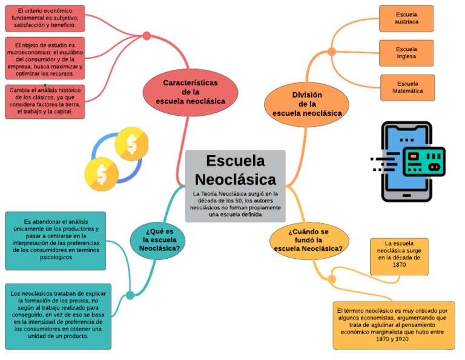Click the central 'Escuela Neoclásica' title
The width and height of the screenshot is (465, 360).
(236, 170)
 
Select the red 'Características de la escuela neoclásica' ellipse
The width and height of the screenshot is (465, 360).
(190, 92)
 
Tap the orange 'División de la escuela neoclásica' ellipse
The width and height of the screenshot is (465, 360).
(306, 104)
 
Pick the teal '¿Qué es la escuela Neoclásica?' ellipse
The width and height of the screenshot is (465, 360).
(157, 240)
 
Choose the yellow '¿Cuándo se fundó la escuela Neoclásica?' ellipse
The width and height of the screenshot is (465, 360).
(309, 240)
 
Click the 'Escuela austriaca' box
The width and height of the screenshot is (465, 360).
(406, 18)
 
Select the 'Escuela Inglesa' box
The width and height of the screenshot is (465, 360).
(406, 53)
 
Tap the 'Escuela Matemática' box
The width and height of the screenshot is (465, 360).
(407, 87)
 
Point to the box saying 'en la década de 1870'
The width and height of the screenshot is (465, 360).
(399, 256)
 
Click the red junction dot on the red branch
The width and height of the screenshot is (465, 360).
(147, 36)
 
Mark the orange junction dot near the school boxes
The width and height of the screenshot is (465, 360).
(332, 52)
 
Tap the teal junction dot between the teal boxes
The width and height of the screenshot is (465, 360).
(130, 295)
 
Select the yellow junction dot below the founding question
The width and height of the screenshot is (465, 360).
(332, 279)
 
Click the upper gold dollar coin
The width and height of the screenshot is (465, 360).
(131, 144)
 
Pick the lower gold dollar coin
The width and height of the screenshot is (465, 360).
(102, 174)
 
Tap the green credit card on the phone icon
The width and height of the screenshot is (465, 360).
(424, 162)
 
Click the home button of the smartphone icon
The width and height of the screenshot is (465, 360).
(407, 196)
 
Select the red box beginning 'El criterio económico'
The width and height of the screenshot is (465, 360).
(45, 18)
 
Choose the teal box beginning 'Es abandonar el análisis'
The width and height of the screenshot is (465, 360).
(56, 241)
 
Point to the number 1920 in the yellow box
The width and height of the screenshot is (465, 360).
(401, 339)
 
